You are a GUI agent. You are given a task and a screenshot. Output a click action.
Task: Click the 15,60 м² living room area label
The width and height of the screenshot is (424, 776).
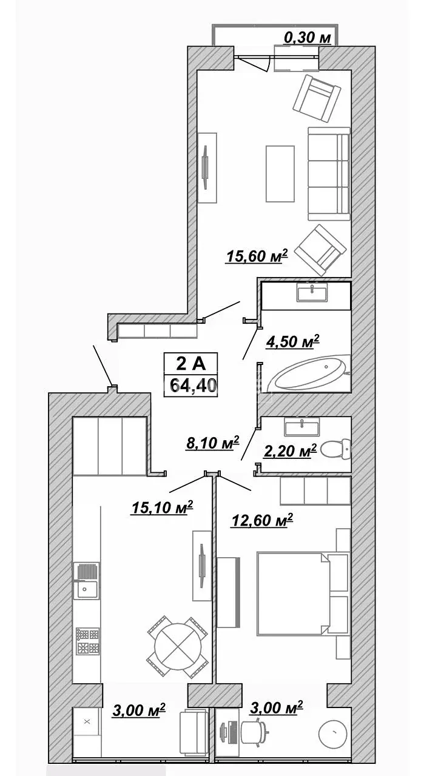click(x=257, y=256)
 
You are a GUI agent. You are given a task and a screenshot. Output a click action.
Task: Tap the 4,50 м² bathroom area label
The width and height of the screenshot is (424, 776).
click(x=292, y=341)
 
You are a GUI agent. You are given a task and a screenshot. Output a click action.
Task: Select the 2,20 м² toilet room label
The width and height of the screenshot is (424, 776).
click(x=290, y=450)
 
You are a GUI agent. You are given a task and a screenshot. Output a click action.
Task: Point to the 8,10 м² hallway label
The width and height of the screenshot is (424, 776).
click(x=212, y=443)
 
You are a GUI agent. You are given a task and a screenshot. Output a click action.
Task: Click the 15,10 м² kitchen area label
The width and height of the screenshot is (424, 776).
click(x=162, y=507)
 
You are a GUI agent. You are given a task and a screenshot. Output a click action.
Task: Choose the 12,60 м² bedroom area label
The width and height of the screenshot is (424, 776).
click(x=262, y=520)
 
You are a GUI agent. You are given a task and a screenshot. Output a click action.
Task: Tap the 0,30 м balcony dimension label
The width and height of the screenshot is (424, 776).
click(x=308, y=38)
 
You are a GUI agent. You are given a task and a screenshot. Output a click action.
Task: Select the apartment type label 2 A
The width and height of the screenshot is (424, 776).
click(x=190, y=364)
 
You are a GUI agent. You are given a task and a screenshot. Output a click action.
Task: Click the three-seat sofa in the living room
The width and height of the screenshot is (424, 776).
click(x=329, y=173)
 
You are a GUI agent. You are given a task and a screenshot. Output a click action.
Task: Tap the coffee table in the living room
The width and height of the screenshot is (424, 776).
click(x=280, y=173)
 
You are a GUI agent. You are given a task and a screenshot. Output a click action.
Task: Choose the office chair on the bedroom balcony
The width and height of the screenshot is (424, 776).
click(x=255, y=729)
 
